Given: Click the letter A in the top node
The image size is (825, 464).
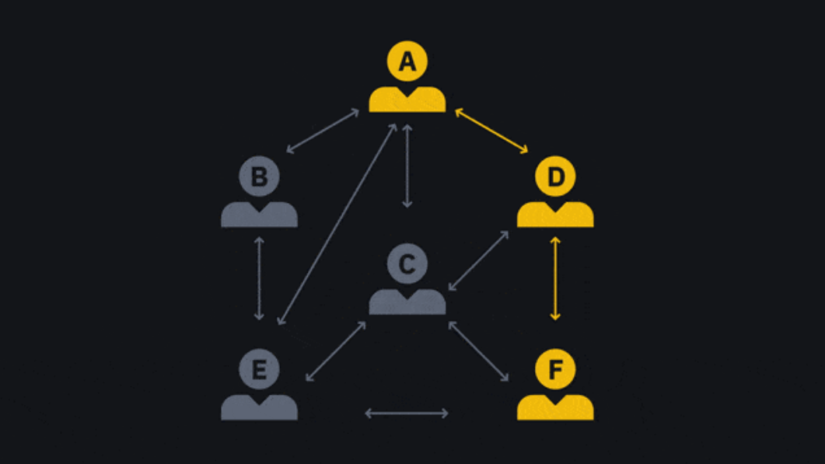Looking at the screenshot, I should point(407,61).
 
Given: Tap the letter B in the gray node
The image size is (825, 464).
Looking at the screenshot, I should point(259,177).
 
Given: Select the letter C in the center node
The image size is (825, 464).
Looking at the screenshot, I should point(407,264).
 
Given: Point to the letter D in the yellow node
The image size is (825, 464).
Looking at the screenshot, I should point(555,177).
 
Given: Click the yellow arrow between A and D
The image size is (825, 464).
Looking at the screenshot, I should point(491,131).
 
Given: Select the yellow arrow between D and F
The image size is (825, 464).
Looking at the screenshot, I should point(555,278).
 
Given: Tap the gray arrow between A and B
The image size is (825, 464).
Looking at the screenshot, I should point(323,131).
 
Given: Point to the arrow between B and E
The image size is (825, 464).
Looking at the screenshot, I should point(259,278).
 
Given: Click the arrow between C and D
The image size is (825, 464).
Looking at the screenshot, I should point(478,261).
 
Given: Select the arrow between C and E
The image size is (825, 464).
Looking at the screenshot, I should point(336,351).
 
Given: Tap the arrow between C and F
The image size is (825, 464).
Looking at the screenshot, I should point(478,351).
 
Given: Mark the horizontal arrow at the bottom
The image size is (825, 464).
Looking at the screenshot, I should point(407,413).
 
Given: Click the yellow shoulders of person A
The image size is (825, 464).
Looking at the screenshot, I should point(407,101).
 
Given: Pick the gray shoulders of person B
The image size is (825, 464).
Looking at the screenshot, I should point(259,215).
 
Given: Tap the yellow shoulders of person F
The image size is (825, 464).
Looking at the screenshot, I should point(555,408).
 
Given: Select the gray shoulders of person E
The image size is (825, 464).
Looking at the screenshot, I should point(259,408).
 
